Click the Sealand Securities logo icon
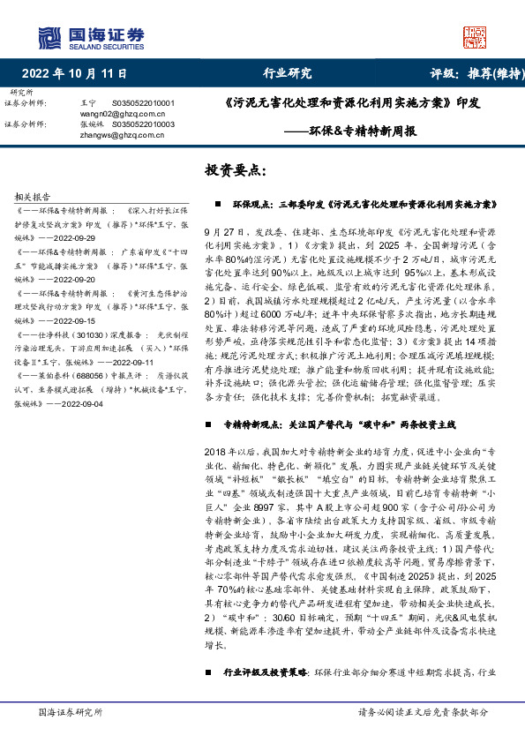tap(49, 37)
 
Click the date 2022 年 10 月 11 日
tap(74, 74)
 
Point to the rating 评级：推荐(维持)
tap(473, 74)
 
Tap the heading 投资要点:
tap(235, 169)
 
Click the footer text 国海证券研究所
tap(71, 711)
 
